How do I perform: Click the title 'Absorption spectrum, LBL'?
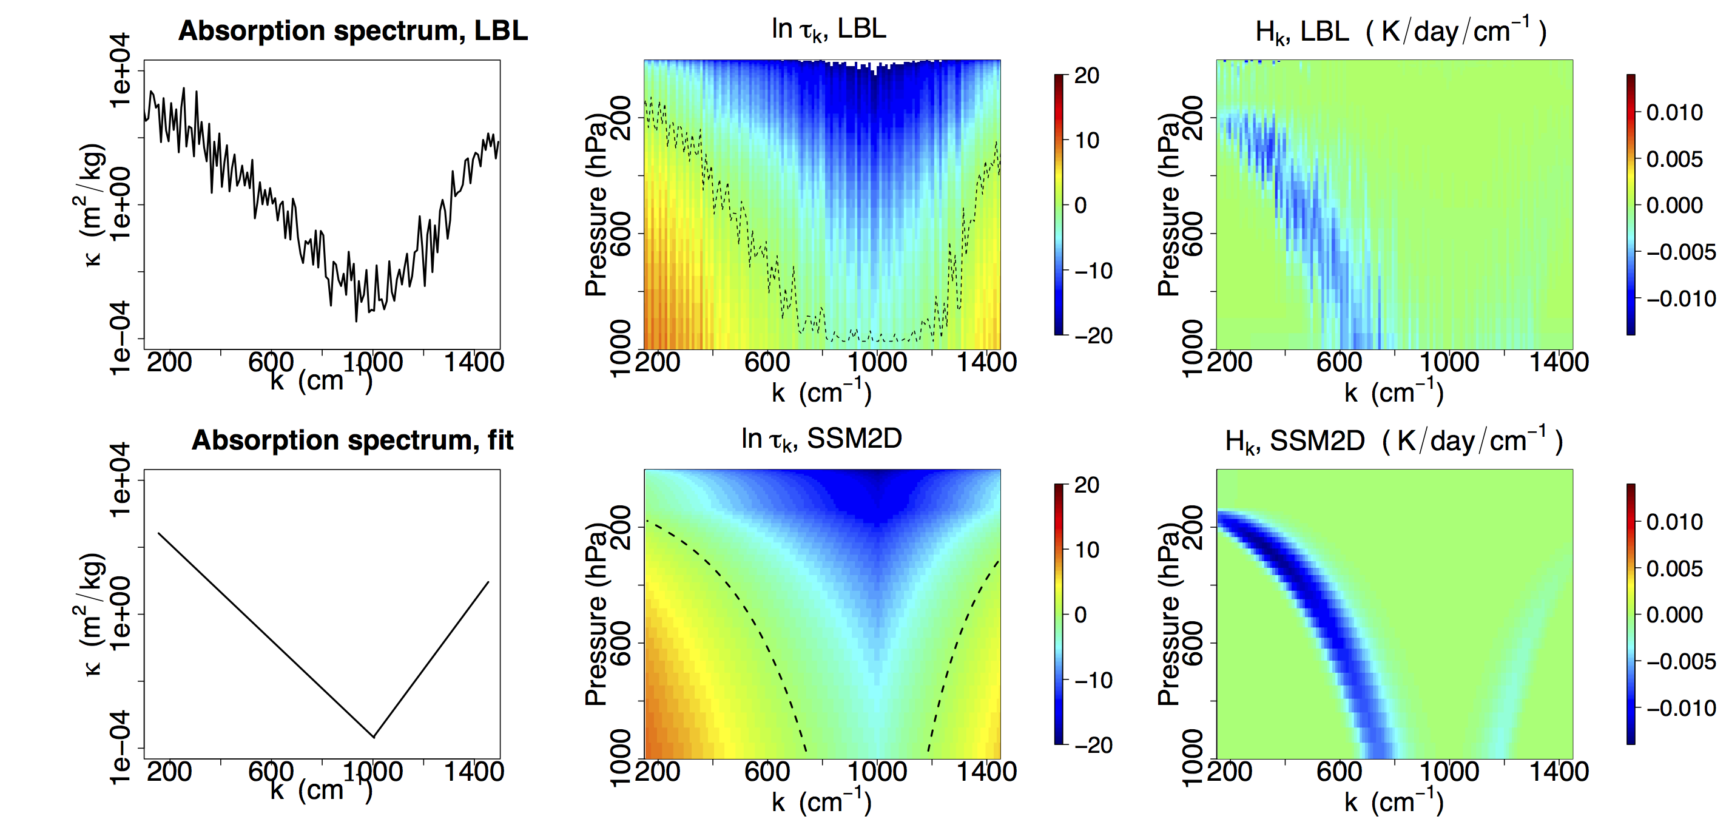[x=353, y=31]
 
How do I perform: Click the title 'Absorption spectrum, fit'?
[x=353, y=440]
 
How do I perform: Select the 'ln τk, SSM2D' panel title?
[x=821, y=439]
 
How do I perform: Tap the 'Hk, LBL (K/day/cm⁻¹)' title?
[x=1401, y=31]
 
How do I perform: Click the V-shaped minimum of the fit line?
[x=374, y=737]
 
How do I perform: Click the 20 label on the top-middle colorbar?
[x=1086, y=75]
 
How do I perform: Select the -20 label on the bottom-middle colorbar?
[x=1093, y=744]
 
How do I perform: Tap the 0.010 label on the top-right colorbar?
[x=1674, y=112]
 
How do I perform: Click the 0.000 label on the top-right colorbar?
[x=1674, y=205]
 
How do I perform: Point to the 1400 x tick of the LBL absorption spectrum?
[x=474, y=363]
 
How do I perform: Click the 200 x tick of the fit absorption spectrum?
[x=169, y=772]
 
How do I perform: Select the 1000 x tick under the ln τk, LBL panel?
[x=877, y=363]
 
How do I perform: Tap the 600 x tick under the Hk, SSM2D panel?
[x=1339, y=772]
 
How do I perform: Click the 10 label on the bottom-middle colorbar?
[x=1086, y=550]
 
